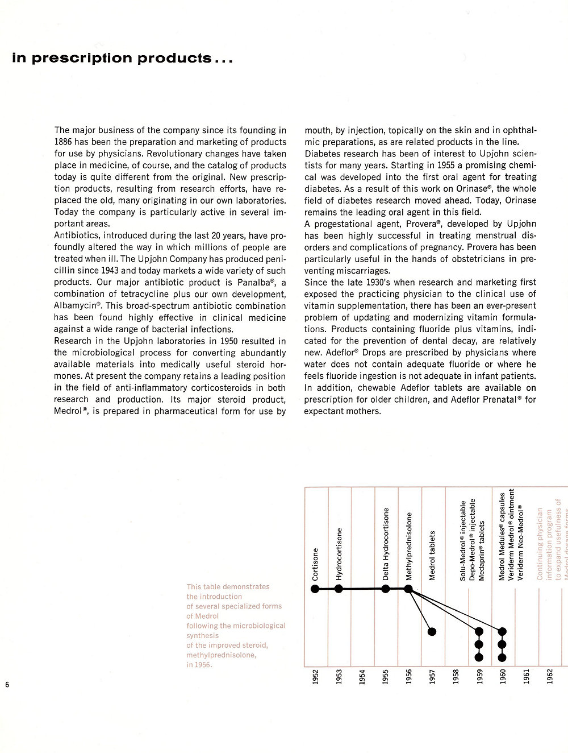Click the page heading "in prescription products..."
[122, 58]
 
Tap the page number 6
[7, 684]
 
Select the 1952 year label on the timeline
[315, 677]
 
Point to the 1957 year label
[432, 677]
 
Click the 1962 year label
[549, 677]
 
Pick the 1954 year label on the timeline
[362, 677]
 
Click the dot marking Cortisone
[315, 589]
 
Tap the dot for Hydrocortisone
[339, 589]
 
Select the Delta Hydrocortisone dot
[386, 589]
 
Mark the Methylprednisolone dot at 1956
[408, 589]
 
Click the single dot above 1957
[432, 631]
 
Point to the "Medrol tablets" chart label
[432, 556]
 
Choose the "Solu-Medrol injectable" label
[463, 540]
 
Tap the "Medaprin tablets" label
[482, 550]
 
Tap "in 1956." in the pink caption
[199, 665]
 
